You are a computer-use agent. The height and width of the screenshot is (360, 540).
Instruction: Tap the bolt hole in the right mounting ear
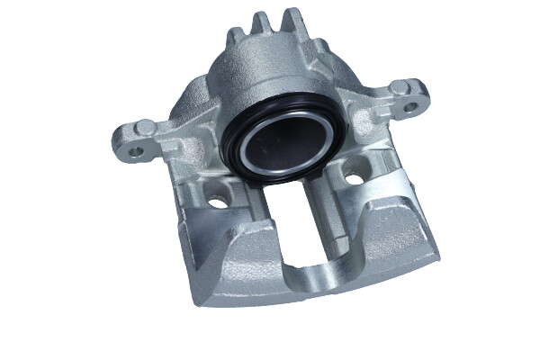tap(411, 107)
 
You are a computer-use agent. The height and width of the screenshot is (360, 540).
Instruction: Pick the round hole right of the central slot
tap(354, 178)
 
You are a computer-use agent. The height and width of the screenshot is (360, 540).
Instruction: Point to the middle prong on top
tap(261, 22)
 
